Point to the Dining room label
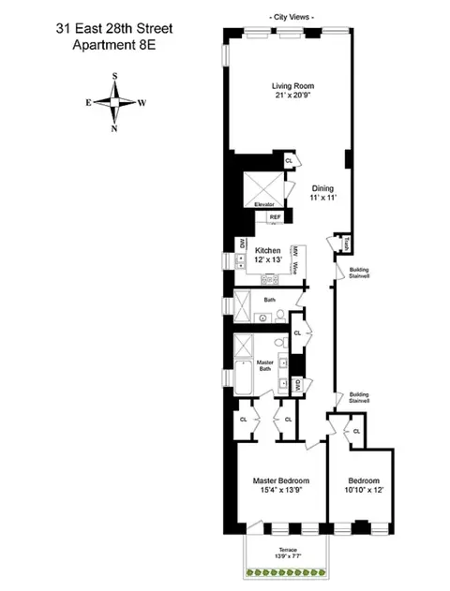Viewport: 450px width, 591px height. (323, 187)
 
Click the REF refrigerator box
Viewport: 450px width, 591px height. (275, 217)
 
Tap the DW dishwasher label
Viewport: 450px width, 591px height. (242, 244)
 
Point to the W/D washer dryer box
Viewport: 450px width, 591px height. (296, 384)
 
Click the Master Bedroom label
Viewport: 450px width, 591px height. (280, 480)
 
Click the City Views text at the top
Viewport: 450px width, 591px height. (292, 17)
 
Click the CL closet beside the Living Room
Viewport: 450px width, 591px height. (290, 161)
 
